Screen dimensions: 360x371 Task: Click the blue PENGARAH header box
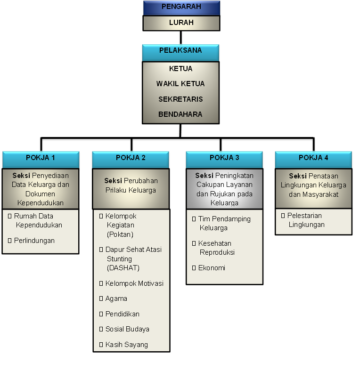[181, 8]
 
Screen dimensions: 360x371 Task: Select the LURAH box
[181, 23]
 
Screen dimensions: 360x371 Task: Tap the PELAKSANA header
[180, 53]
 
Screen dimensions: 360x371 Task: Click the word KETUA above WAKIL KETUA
[180, 69]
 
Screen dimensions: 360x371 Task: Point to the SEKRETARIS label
[180, 99]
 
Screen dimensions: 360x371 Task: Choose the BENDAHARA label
[180, 114]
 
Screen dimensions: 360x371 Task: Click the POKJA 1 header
[41, 160]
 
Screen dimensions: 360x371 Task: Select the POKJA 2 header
[131, 160]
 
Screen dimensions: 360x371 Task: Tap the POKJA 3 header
[224, 160]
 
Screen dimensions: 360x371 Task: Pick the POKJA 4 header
[313, 160]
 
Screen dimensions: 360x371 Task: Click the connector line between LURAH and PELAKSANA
[181, 38]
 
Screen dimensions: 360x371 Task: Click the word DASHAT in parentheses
[123, 268]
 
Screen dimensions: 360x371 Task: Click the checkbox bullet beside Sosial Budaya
[101, 329]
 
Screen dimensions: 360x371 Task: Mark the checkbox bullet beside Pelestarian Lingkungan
[283, 216]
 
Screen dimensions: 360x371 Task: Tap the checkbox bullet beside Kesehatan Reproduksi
[194, 243]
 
